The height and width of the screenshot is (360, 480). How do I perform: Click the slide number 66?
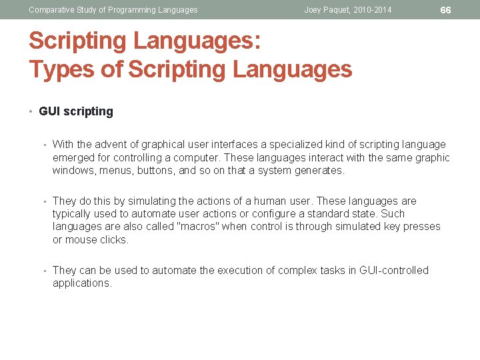(446, 10)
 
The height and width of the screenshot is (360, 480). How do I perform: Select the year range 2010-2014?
(370, 10)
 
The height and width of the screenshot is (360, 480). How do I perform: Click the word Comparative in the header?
(51, 10)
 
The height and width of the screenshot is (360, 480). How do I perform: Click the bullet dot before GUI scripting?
(33, 112)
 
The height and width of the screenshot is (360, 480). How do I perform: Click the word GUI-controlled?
(394, 271)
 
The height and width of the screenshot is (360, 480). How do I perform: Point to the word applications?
(82, 283)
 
